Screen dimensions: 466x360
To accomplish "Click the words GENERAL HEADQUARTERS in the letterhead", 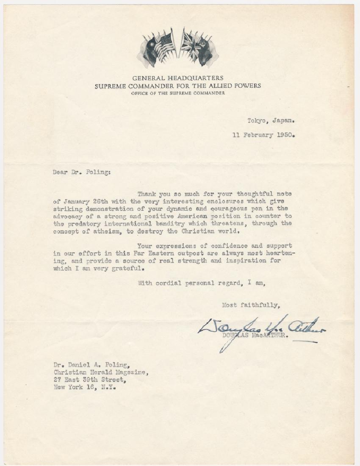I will click(178, 78).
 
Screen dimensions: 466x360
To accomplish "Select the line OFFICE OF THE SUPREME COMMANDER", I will click(178, 93).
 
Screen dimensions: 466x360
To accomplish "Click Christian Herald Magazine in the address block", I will click(101, 372).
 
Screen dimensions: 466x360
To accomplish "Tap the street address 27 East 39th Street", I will click(90, 379).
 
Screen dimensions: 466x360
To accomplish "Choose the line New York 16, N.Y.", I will click(84, 387).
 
